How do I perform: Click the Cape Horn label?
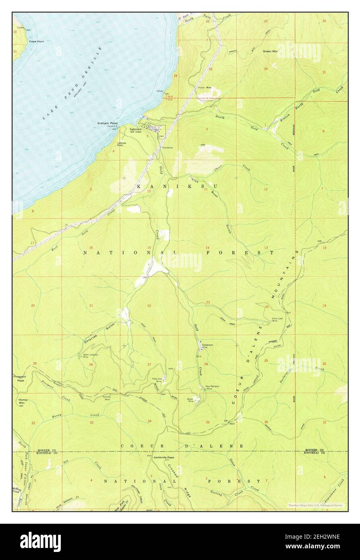[x=36, y=41]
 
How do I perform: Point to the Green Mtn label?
[x=270, y=51]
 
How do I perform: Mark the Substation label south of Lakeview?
[x=167, y=147]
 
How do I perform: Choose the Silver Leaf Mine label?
[x=277, y=320]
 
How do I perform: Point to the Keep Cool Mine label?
[x=157, y=380]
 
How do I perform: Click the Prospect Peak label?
[x=19, y=378]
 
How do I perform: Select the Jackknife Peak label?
[x=163, y=458]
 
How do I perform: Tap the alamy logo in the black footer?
[x=40, y=541]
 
